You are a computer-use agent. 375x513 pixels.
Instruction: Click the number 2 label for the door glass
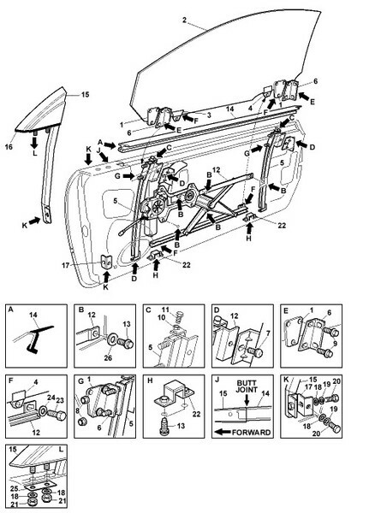tap(184, 21)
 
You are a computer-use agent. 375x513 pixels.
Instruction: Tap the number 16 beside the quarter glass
tap(9, 147)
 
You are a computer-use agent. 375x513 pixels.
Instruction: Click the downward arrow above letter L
tap(35, 141)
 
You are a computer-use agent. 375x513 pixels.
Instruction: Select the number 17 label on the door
tap(66, 265)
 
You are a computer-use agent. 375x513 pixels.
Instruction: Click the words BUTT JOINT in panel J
tap(247, 386)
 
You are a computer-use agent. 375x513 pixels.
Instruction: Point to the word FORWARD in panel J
tap(252, 433)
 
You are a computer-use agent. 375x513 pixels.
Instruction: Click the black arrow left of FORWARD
tap(223, 432)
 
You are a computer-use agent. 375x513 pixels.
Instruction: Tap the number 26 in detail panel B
tap(108, 358)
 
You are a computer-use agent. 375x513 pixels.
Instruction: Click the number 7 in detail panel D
tap(268, 333)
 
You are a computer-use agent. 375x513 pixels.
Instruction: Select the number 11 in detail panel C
tap(166, 310)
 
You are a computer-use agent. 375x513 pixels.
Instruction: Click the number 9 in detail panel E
tap(335, 343)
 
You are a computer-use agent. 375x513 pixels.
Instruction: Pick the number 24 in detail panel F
tap(51, 397)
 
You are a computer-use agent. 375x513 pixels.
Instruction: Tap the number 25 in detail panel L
tap(13, 488)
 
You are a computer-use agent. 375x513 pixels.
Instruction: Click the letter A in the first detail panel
tap(11, 310)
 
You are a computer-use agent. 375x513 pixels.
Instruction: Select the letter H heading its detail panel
tap(150, 380)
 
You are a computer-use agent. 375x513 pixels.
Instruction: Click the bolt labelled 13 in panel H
tap(165, 427)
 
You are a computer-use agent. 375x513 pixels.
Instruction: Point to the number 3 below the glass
tap(209, 115)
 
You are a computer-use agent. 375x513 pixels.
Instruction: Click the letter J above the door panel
tap(98, 150)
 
